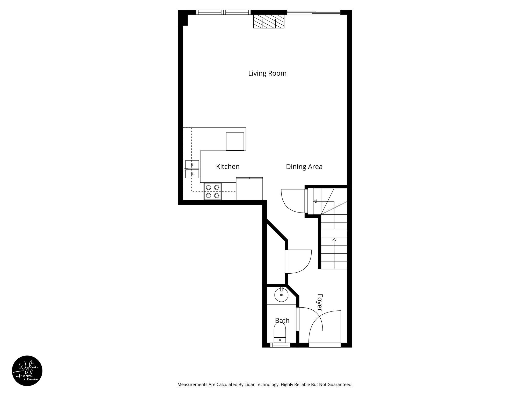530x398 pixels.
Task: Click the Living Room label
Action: tap(267, 73)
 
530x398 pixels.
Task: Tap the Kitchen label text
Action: tap(228, 167)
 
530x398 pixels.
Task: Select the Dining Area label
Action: tap(304, 167)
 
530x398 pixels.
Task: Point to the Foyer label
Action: tap(320, 302)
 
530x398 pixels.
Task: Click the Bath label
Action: tap(282, 321)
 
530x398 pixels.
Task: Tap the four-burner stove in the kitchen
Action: tap(213, 191)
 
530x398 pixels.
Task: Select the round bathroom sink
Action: tap(281, 295)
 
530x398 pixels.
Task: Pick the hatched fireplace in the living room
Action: tap(269, 21)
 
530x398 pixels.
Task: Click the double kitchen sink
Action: tap(192, 169)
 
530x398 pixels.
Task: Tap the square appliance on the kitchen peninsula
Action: tap(235, 141)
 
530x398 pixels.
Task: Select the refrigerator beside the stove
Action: tap(249, 189)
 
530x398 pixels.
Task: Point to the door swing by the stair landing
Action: tap(292, 201)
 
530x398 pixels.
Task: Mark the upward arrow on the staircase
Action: tap(334, 240)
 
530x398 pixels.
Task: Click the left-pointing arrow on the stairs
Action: tap(315, 201)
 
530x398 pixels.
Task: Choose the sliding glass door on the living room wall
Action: tap(313, 12)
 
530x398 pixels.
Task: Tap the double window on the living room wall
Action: tap(223, 12)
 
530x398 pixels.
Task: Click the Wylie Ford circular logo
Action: tap(27, 371)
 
